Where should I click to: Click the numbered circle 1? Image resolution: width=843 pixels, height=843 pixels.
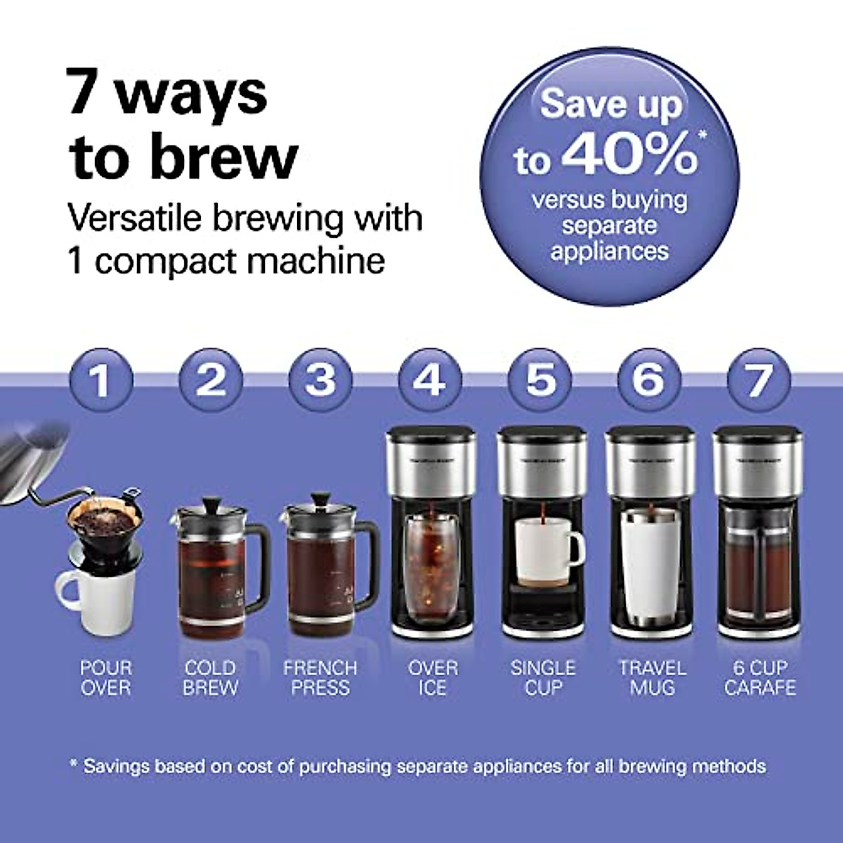click(x=101, y=379)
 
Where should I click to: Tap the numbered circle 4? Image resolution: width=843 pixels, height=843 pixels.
click(x=430, y=379)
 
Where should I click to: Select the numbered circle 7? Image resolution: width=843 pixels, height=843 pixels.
click(x=759, y=379)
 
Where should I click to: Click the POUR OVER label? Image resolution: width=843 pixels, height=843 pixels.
click(x=106, y=677)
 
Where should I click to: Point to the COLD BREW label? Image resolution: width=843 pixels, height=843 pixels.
click(x=210, y=677)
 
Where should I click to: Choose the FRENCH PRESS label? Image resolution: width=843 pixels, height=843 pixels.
click(x=320, y=677)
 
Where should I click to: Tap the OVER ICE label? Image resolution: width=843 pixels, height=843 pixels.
click(x=433, y=677)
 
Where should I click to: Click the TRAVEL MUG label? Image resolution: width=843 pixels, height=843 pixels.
click(x=652, y=677)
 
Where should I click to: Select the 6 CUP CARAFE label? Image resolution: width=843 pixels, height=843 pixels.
click(x=760, y=677)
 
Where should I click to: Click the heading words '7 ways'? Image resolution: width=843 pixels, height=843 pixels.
click(x=167, y=93)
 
